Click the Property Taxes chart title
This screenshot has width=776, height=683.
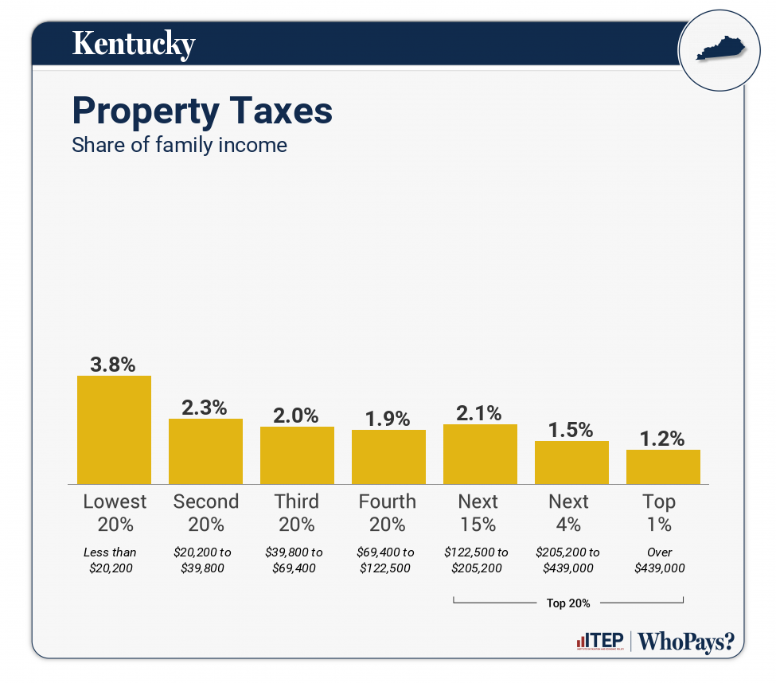tap(202, 111)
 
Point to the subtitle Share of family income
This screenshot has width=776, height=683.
tap(179, 146)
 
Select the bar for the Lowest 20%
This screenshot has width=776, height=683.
tap(114, 430)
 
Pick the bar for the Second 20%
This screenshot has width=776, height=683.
tap(205, 451)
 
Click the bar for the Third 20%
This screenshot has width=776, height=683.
tap(297, 455)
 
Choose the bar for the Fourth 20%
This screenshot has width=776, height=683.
tap(388, 457)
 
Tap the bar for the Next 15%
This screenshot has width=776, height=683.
tap(480, 454)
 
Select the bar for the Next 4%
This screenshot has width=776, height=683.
tap(571, 462)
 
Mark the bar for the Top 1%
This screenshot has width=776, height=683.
tap(663, 466)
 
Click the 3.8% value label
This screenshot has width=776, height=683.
tap(114, 365)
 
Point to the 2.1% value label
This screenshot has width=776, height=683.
tap(480, 413)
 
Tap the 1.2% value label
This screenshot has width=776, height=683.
tap(663, 439)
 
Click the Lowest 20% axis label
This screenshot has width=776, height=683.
tap(115, 513)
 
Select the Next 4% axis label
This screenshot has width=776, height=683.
tap(569, 513)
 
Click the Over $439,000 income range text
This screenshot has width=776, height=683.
tap(660, 560)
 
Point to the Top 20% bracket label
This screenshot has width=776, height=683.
tap(568, 603)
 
